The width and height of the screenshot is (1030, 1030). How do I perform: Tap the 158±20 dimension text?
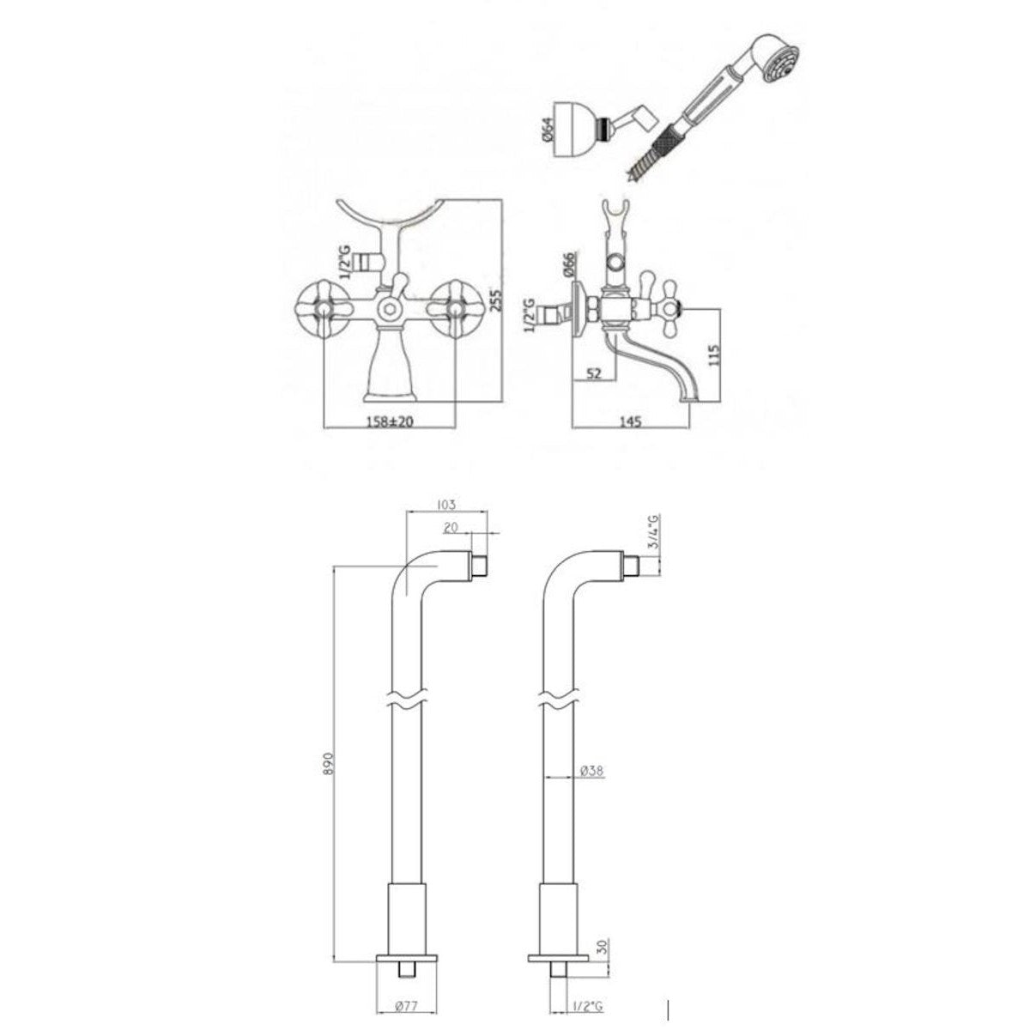(x=391, y=422)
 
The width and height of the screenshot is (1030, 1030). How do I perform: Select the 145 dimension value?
(x=630, y=422)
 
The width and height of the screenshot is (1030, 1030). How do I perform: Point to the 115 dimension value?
(x=715, y=354)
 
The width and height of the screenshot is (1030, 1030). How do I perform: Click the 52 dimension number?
(x=592, y=373)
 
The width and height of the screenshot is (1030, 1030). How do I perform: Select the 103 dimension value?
(x=446, y=504)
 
